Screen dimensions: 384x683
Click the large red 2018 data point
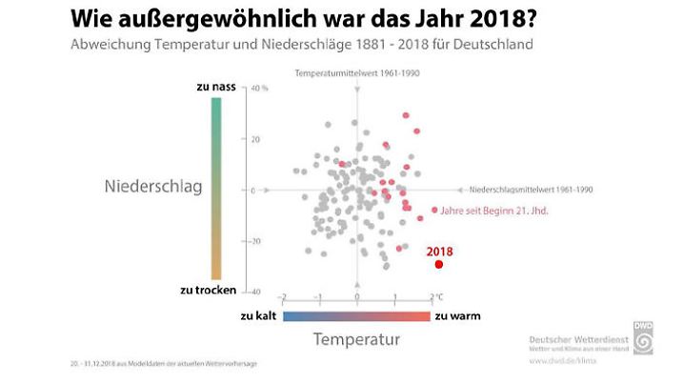(439, 264)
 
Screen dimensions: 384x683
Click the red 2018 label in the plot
(439, 251)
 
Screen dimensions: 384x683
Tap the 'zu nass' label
(216, 87)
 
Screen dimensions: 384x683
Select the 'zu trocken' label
(208, 290)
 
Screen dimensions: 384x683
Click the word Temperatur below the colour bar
(357, 338)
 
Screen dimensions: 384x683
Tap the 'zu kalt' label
(258, 314)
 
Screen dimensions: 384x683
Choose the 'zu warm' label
(457, 314)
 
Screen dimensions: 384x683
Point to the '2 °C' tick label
(436, 297)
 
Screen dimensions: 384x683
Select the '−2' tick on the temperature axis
(282, 297)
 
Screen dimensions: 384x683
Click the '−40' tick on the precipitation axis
(255, 291)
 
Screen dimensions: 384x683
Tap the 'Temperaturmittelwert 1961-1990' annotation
(357, 73)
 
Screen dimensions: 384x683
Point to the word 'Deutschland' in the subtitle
(495, 45)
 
